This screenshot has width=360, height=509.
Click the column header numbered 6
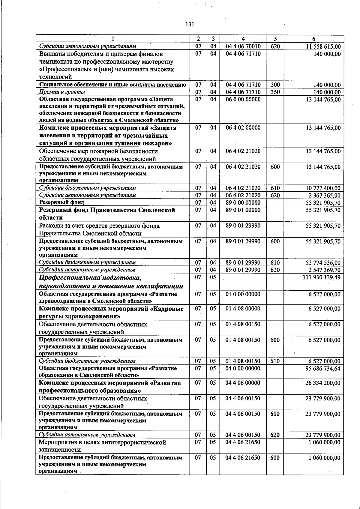313,39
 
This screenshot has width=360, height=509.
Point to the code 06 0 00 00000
243,99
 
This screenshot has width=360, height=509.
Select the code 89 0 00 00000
243,203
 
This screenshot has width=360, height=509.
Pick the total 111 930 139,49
322,277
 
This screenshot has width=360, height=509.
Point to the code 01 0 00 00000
243,294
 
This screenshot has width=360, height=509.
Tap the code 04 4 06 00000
243,383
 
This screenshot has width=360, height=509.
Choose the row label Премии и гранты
62,92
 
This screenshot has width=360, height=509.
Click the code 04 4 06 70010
243,46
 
